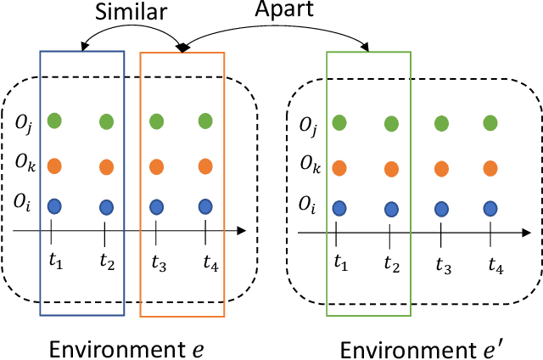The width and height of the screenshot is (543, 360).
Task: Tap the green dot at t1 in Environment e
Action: tap(54, 121)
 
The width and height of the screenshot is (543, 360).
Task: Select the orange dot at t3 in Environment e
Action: tap(156, 166)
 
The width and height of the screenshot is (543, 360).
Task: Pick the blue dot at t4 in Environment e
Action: tap(204, 206)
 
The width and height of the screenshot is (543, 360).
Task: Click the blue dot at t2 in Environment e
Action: tap(106, 206)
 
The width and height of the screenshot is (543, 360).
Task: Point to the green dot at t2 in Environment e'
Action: tap(391, 124)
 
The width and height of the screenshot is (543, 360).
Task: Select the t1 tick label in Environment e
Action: tap(55, 260)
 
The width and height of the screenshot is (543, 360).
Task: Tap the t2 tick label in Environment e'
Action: tap(392, 263)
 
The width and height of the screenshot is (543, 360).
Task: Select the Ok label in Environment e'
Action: tap(309, 167)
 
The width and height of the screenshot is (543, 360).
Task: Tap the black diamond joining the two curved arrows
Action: tap(181, 48)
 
